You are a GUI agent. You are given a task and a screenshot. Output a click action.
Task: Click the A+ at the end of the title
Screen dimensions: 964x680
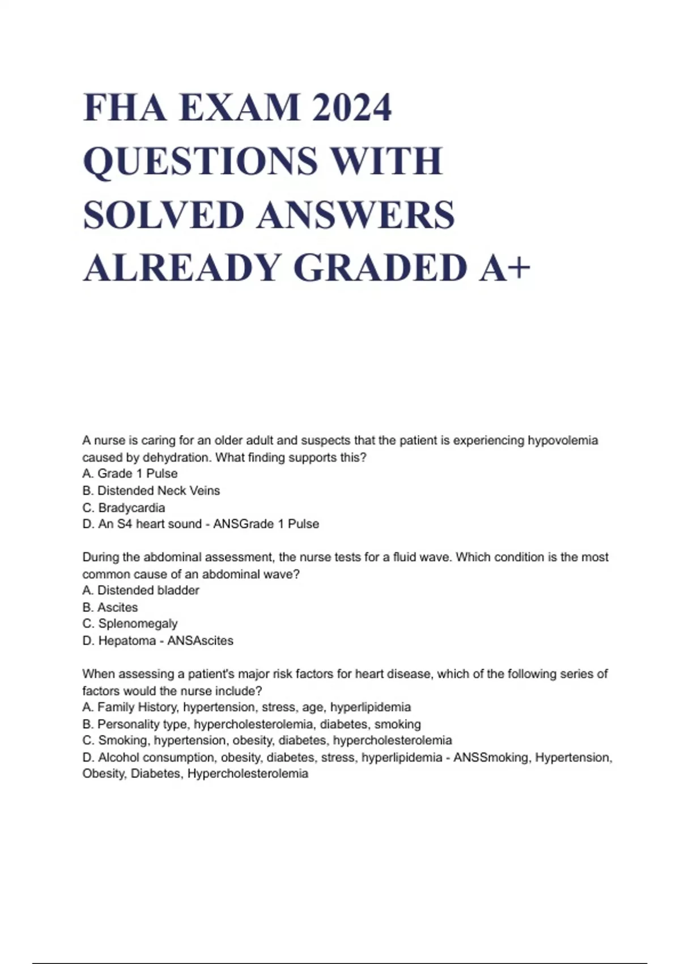coord(504,268)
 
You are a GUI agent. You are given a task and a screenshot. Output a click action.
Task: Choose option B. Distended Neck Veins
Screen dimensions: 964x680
coord(151,491)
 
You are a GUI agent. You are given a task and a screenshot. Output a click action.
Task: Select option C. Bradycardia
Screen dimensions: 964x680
coord(124,508)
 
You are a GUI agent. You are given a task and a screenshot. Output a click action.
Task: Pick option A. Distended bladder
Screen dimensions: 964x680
coord(141,590)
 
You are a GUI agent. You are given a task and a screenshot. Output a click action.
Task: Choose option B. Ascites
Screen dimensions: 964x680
coord(110,607)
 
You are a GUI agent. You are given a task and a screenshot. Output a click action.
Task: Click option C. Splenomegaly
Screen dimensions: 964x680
coord(130,624)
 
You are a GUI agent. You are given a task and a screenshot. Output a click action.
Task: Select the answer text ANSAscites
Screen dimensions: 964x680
coord(201,641)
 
